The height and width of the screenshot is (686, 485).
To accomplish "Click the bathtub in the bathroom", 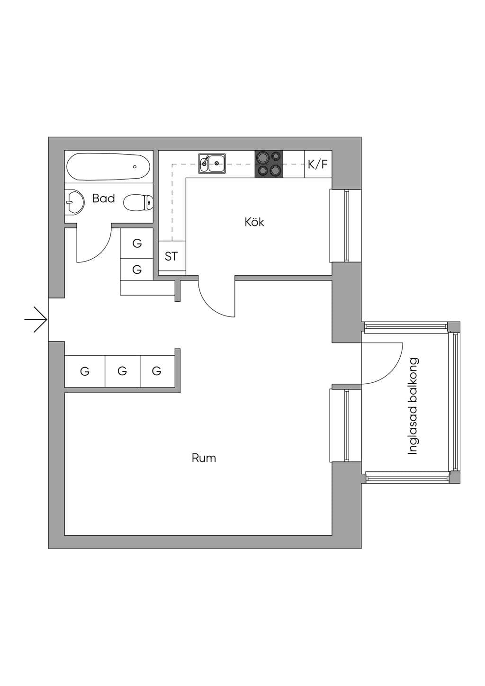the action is coord(108,167).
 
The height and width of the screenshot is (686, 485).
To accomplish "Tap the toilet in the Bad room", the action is coord(138,202).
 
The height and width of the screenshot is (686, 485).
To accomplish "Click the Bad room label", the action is coord(104,199).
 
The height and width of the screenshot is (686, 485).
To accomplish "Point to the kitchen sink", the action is coord(212,163).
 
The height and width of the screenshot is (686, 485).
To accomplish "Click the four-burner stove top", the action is coord(269,164).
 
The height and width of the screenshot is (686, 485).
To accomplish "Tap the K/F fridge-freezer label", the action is coord(317,165).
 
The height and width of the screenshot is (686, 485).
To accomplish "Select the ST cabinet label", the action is coord(171,256).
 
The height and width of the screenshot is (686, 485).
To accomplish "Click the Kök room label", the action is coord(254,222).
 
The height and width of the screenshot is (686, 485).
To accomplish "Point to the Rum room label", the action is coord(204,458).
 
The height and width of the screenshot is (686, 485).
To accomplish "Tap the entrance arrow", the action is coord(36,320).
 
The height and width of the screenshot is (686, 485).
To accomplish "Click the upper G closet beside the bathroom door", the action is coord(137,243).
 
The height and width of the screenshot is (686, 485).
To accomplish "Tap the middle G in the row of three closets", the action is coord(122,371).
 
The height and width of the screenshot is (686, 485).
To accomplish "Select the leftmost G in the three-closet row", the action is coord(84,371).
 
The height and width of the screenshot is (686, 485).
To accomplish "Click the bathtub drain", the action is coord(135,167).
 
